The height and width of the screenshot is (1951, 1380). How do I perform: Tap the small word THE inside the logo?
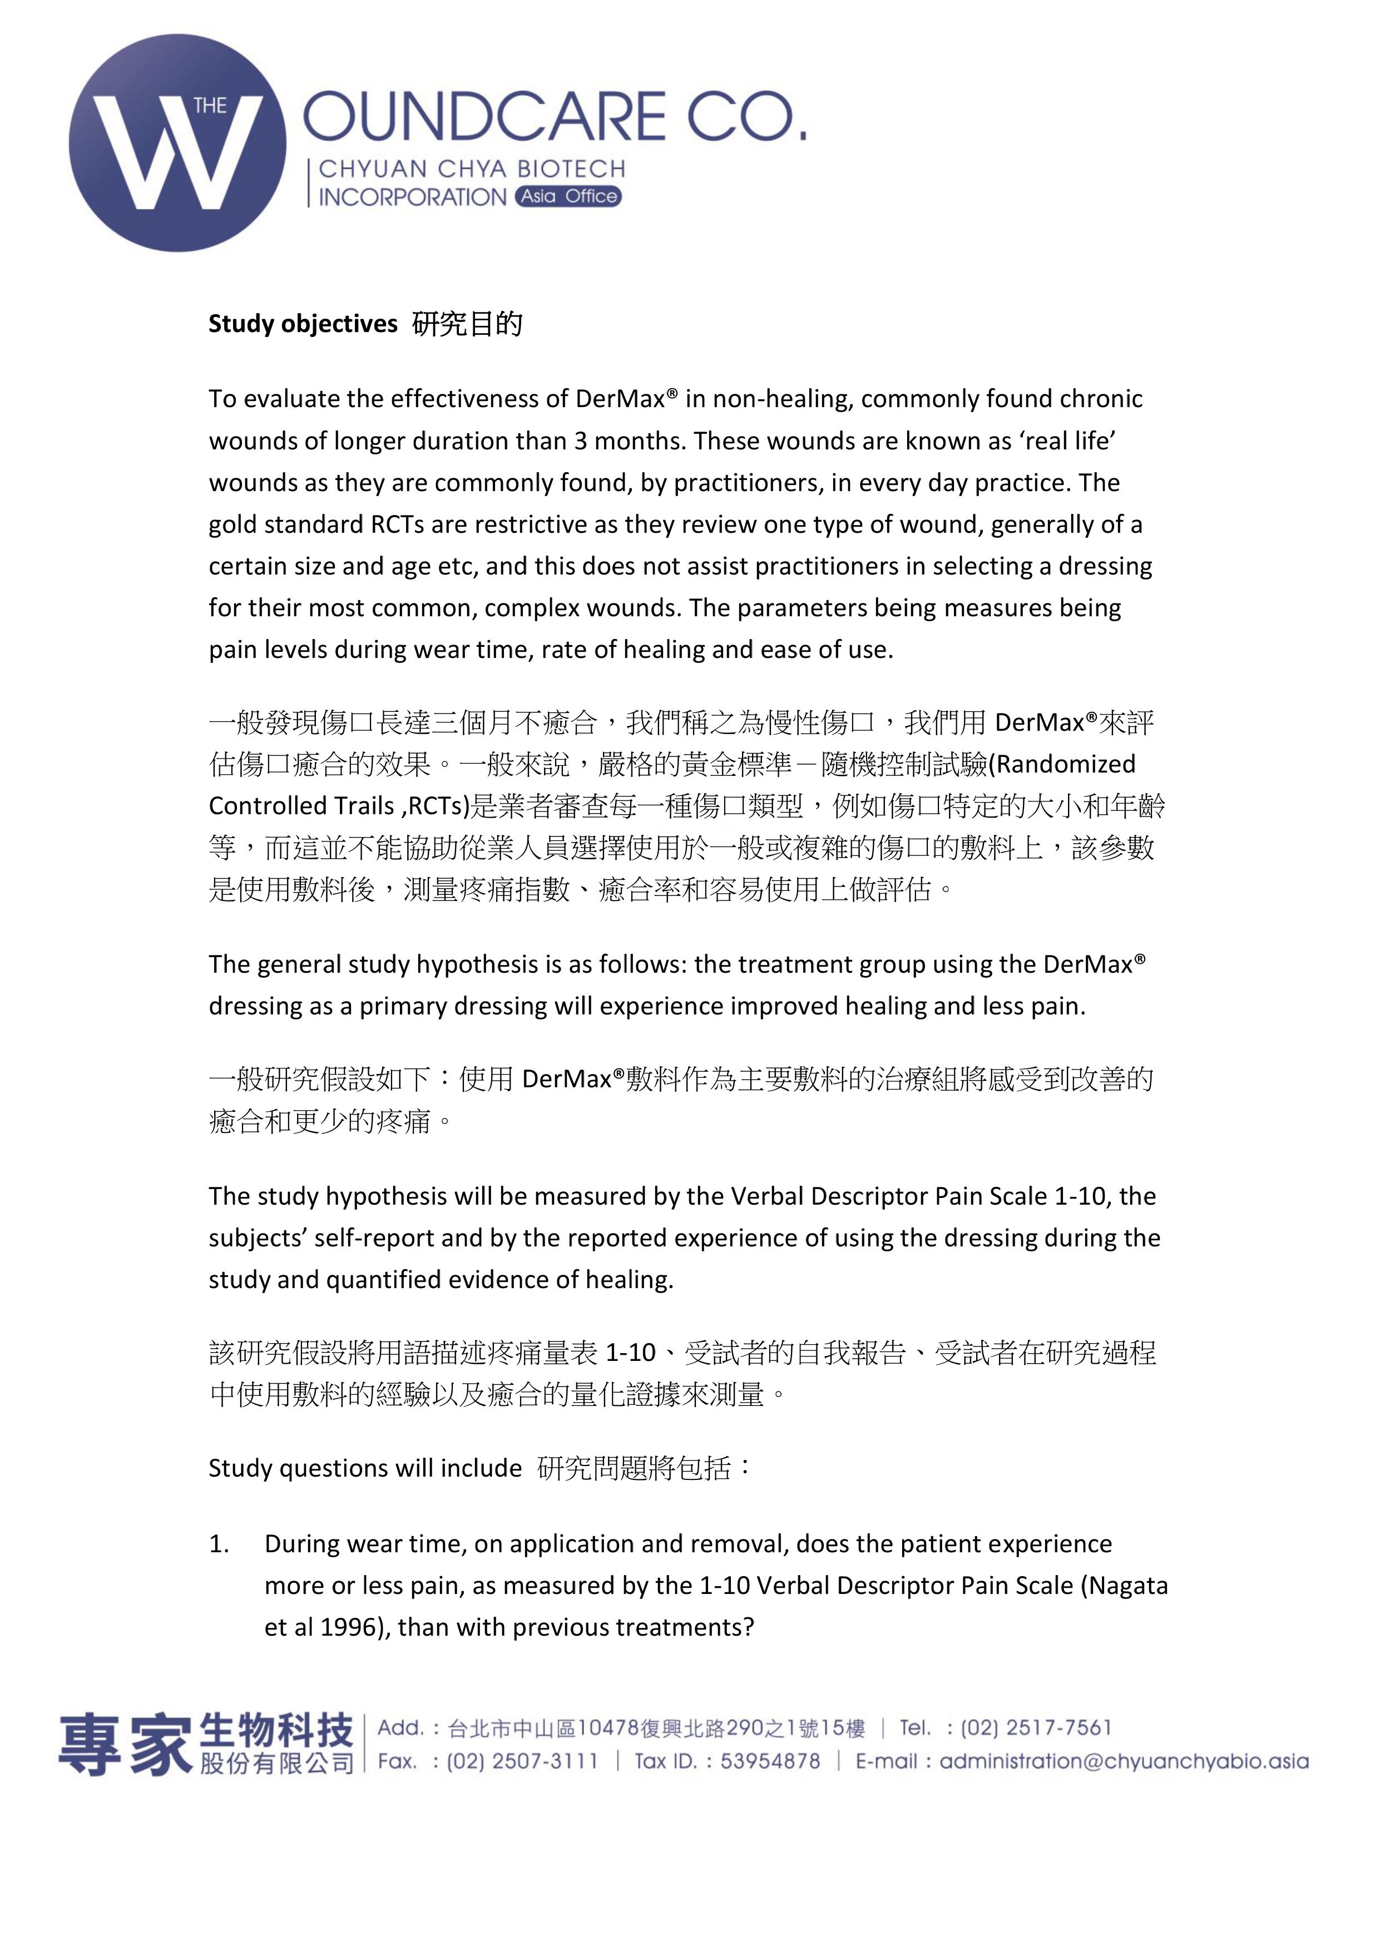[x=210, y=106]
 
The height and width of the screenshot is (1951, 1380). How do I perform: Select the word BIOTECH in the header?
[x=571, y=169]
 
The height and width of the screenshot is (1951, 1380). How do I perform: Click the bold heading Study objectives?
[x=303, y=324]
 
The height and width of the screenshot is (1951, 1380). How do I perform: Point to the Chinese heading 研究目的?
[x=467, y=324]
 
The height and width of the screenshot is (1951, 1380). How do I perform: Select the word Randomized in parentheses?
[x=1066, y=764]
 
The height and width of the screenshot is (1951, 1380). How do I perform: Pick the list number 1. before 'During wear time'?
[x=219, y=1544]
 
